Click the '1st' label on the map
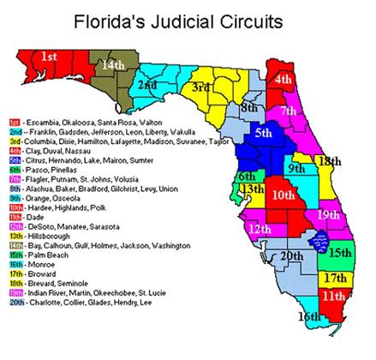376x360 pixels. click(x=50, y=57)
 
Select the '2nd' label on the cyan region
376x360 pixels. click(x=147, y=86)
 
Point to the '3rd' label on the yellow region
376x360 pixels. click(x=201, y=87)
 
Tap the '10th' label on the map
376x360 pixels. click(x=282, y=195)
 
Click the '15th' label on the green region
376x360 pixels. click(x=339, y=254)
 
